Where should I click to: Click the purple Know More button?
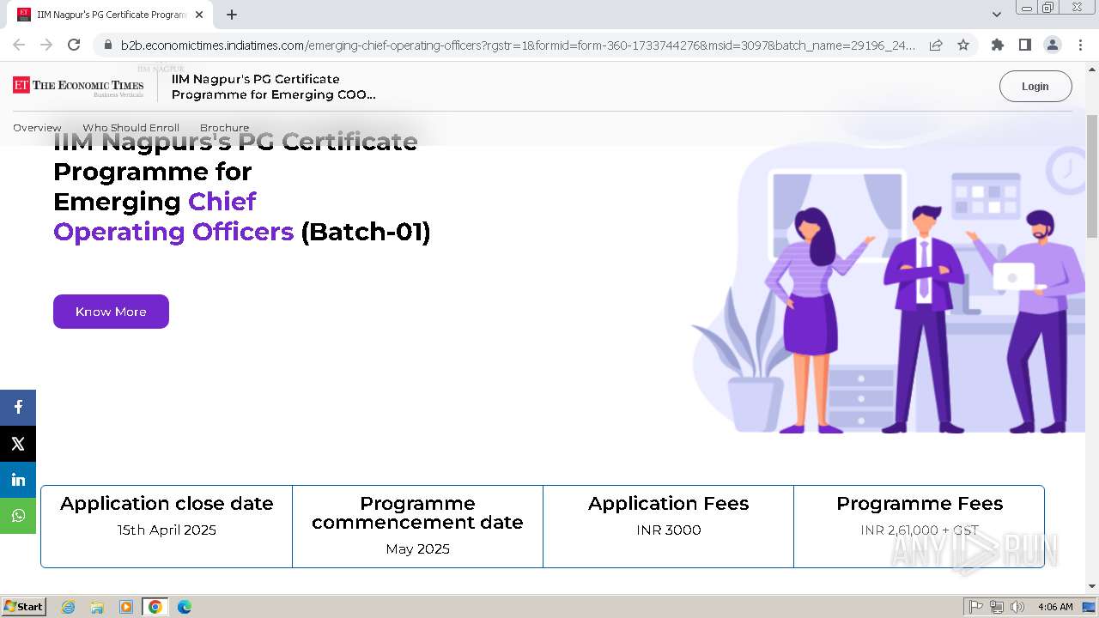(111, 312)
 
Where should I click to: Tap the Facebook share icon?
(18, 408)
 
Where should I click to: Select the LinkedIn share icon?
(18, 480)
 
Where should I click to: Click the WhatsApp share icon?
(18, 516)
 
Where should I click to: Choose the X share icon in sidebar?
(18, 444)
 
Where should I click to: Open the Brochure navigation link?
(224, 128)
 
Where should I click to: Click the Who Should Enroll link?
(131, 128)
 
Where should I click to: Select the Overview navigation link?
(37, 128)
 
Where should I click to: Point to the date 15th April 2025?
(167, 530)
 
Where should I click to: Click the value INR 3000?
(668, 530)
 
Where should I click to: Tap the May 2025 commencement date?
(417, 549)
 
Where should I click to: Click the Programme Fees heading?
(919, 504)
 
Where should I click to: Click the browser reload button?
(74, 45)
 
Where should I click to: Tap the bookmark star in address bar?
(963, 45)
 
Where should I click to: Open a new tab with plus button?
(232, 15)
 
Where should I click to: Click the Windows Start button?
(24, 607)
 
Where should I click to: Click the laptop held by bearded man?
(1016, 276)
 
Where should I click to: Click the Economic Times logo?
(78, 86)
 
